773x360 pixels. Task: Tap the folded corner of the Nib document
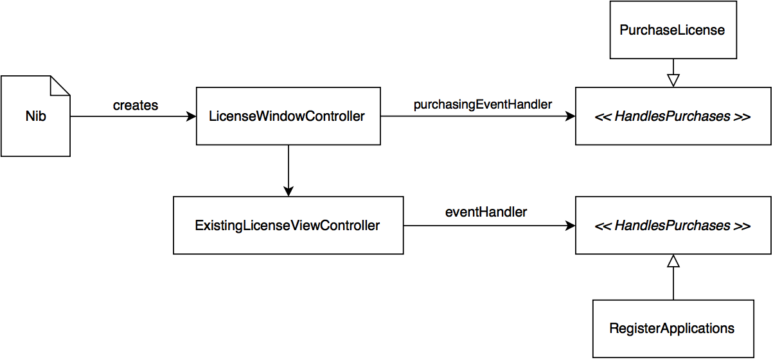pyautogui.click(x=60, y=85)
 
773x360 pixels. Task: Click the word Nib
pyautogui.click(x=35, y=117)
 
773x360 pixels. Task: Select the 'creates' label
pyautogui.click(x=136, y=105)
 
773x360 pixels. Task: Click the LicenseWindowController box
pyautogui.click(x=288, y=116)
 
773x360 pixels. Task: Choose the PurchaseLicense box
pyautogui.click(x=672, y=30)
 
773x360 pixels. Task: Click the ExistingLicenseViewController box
pyautogui.click(x=288, y=226)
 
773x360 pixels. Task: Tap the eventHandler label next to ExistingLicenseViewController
pyautogui.click(x=486, y=212)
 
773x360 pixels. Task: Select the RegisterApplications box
pyautogui.click(x=672, y=328)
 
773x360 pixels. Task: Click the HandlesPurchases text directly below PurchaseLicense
pyautogui.click(x=672, y=116)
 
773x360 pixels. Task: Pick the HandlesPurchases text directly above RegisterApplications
pyautogui.click(x=672, y=226)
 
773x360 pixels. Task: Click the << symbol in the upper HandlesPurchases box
pyautogui.click(x=603, y=116)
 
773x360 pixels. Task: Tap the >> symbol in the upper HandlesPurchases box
pyautogui.click(x=742, y=116)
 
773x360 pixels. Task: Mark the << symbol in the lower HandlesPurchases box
pyautogui.click(x=603, y=226)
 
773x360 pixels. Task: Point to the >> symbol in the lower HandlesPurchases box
pyautogui.click(x=742, y=226)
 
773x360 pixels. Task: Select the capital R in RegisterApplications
pyautogui.click(x=614, y=328)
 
